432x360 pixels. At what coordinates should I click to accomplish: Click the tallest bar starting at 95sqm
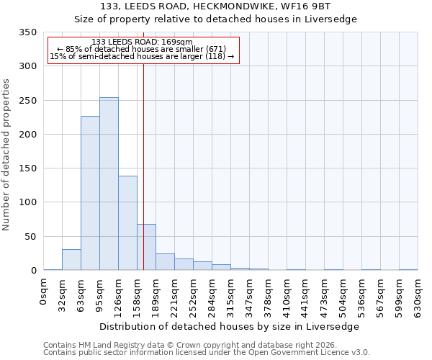pyautogui.click(x=109, y=184)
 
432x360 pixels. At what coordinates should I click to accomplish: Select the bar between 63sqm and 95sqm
pyautogui.click(x=90, y=193)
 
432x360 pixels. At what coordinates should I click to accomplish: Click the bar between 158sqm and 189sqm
pyautogui.click(x=146, y=247)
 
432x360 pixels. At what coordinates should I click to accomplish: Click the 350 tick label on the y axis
pyautogui.click(x=28, y=32)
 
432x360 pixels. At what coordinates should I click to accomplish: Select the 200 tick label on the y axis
pyautogui.click(x=28, y=135)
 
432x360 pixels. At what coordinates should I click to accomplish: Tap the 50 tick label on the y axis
pyautogui.click(x=31, y=237)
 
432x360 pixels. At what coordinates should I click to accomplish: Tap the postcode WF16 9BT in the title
pyautogui.click(x=302, y=6)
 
